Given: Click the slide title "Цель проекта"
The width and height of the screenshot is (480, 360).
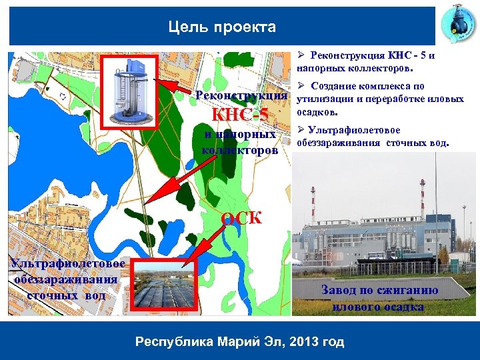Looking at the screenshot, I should click(x=222, y=27).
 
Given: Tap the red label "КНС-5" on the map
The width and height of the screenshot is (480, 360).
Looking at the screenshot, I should click(x=240, y=115).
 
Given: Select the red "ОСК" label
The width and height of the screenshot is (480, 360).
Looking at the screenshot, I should click(x=241, y=218).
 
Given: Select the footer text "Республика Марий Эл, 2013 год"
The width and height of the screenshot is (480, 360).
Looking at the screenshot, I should click(x=239, y=342).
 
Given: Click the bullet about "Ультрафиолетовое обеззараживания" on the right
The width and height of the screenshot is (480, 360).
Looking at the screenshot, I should click(x=373, y=136).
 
